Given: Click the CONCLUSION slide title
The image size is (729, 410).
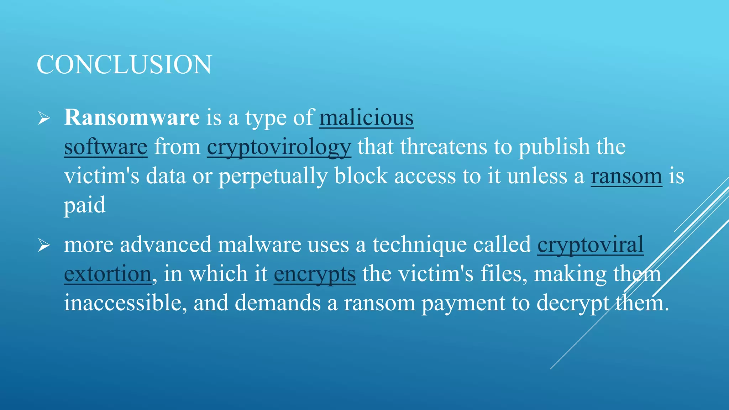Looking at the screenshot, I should (124, 65).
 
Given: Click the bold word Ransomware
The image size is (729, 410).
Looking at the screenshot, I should (132, 117).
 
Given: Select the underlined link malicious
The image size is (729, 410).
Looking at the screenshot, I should (366, 117).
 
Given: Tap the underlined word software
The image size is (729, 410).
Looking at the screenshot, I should (105, 147).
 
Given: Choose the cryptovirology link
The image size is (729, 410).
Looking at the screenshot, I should (279, 147).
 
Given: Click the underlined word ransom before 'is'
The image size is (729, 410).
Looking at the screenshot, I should (626, 176).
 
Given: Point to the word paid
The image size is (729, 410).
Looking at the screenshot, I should (85, 206).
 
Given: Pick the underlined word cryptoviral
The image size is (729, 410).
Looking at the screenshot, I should (590, 245).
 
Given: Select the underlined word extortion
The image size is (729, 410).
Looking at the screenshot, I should (107, 274).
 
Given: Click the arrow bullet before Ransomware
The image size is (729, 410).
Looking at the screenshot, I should (44, 118).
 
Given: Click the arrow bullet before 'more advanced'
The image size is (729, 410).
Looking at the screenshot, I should (44, 245).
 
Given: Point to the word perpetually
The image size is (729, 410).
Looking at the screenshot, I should (273, 177).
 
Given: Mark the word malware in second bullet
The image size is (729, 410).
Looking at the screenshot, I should (259, 245).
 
